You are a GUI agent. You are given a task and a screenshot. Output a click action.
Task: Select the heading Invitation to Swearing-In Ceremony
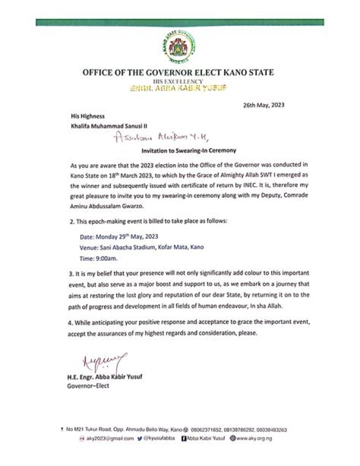coord(180,150)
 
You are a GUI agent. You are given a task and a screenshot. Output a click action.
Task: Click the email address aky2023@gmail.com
coord(111,438)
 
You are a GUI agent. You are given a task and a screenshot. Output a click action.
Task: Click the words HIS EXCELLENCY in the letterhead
coord(178,81)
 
